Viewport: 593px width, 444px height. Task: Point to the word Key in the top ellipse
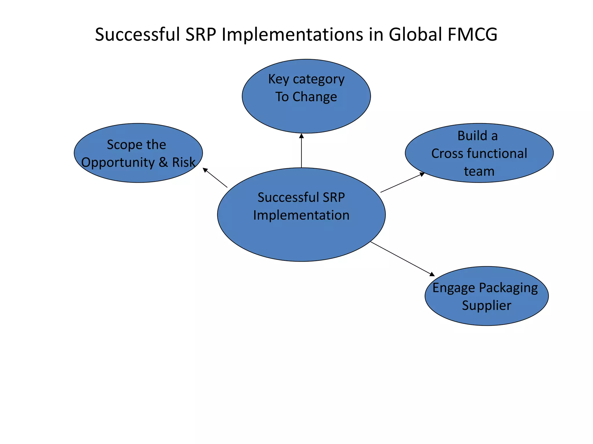point(278,79)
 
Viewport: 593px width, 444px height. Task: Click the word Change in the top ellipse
point(315,97)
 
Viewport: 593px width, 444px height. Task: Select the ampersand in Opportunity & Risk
point(163,162)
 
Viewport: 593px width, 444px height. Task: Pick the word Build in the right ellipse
point(473,136)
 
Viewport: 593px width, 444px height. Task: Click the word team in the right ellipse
point(479,171)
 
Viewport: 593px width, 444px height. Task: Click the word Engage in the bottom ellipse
point(454,288)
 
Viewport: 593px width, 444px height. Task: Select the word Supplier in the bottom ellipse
point(486,306)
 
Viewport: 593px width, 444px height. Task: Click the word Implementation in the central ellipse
point(301,215)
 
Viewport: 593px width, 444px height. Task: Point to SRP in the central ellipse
point(334,197)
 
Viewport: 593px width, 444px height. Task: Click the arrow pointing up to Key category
point(301,150)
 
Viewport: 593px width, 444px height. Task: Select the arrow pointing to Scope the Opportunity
point(215,177)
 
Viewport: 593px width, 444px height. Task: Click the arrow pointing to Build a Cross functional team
point(402,182)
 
